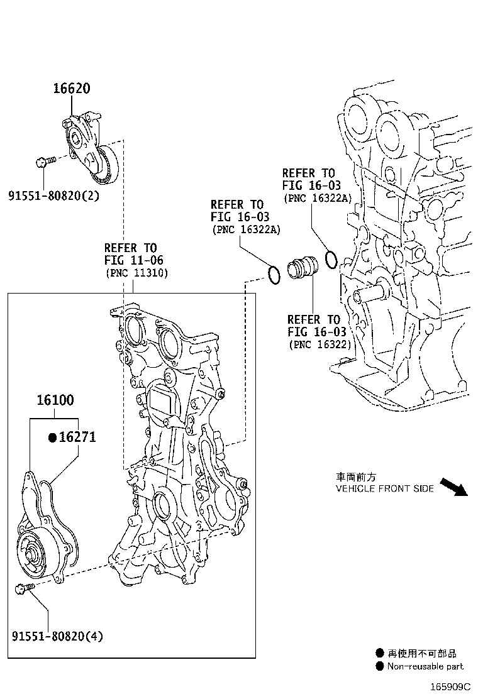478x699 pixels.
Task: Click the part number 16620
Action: pos(70,89)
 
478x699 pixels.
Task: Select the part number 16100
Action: pos(55,400)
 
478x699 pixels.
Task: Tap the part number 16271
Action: pos(77,437)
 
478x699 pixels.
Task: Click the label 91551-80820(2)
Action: pos(53,195)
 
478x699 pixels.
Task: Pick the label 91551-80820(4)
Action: pos(57,636)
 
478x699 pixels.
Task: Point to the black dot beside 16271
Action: pos(53,438)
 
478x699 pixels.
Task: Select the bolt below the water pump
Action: pos(22,589)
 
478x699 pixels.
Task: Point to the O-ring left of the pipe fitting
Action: pos(274,275)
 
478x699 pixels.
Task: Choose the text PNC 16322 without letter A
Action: pos(320,345)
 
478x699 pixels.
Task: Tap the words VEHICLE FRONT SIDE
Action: pos(384,488)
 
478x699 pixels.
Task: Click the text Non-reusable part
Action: pos(425,666)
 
